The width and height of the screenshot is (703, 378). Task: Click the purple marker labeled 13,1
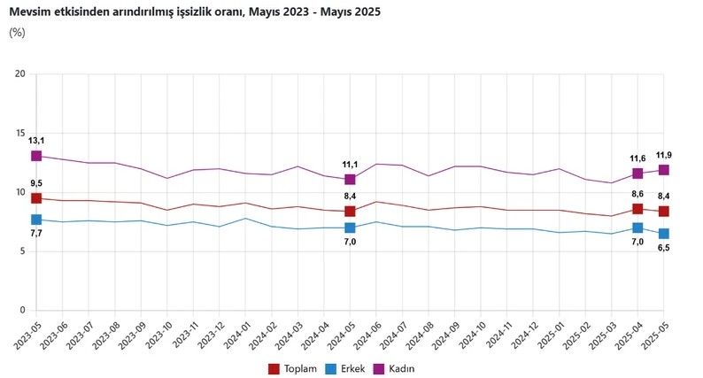point(36,156)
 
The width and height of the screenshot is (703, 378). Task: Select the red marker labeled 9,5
point(36,198)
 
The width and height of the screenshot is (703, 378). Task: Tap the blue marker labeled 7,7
point(36,220)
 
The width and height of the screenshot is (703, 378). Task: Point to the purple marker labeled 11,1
point(351,180)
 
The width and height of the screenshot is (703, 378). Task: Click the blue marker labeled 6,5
point(664,234)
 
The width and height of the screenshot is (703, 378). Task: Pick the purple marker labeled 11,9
point(664,170)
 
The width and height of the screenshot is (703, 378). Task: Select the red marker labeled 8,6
point(637,209)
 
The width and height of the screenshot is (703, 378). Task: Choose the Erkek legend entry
point(349,367)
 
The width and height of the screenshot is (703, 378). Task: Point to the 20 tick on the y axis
point(19,73)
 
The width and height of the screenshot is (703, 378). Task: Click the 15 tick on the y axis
point(19,133)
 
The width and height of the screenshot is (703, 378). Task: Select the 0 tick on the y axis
point(22,311)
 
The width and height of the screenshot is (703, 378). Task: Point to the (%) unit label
point(17,32)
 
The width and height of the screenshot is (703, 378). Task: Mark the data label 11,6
point(637,158)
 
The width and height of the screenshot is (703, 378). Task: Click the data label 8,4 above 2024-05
point(351,197)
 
